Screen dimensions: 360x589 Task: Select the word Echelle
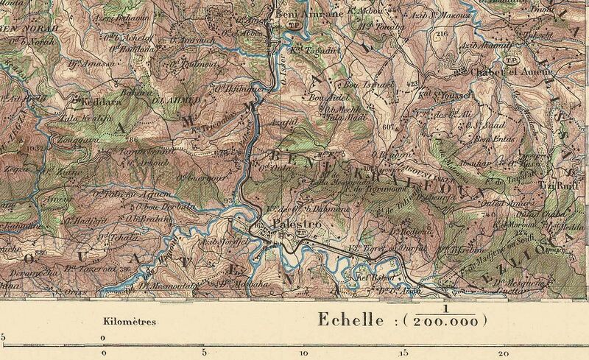(350, 320)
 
